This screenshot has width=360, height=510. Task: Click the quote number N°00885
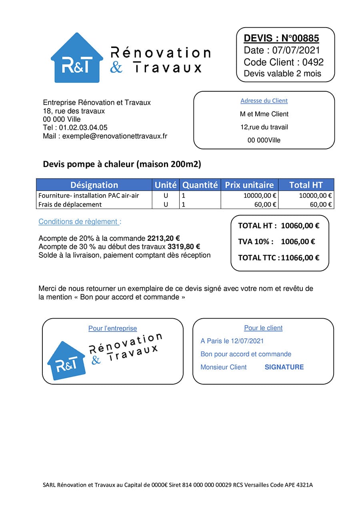click(300, 38)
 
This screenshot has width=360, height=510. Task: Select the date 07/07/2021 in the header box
click(296, 50)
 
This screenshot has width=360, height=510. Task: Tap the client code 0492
click(313, 62)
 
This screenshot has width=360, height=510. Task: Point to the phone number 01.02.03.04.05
click(83, 128)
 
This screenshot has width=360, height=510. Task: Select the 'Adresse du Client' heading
click(264, 101)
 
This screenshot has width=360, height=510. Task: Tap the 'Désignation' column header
click(94, 185)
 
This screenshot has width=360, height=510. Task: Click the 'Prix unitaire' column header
click(249, 185)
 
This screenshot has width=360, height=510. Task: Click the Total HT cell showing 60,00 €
click(321, 205)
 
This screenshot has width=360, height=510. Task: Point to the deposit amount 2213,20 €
click(164, 238)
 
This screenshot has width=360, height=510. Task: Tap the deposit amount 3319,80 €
click(184, 247)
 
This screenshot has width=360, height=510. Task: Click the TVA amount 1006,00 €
click(298, 242)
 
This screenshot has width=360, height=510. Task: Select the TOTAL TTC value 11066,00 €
click(300, 258)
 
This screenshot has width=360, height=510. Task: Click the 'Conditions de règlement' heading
click(80, 222)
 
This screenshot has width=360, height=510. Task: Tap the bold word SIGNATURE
click(284, 367)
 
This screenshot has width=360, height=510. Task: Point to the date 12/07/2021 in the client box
click(247, 341)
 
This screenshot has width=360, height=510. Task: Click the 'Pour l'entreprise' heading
click(112, 329)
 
